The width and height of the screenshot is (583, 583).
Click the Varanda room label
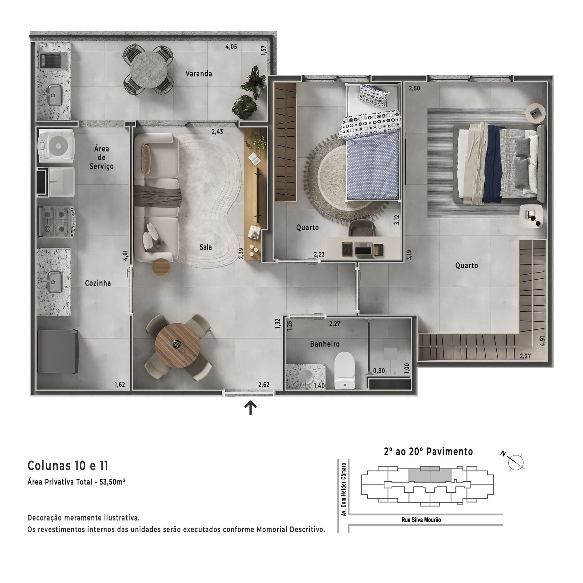[199, 74]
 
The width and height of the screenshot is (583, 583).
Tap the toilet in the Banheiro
[344, 370]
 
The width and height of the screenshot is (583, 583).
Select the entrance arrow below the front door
[250, 408]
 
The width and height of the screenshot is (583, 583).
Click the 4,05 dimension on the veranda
[231, 47]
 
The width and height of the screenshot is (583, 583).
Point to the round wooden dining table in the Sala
[177, 345]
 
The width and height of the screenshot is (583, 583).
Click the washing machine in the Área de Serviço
[56, 146]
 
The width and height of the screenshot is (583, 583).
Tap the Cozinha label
[98, 283]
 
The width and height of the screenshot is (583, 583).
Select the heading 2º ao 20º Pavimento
[429, 452]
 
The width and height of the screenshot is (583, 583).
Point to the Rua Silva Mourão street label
[421, 520]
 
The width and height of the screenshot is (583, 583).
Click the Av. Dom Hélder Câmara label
[343, 489]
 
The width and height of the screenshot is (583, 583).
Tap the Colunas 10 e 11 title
[68, 466]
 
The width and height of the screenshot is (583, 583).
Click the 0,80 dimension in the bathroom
[379, 371]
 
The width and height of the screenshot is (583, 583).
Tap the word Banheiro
[325, 344]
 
